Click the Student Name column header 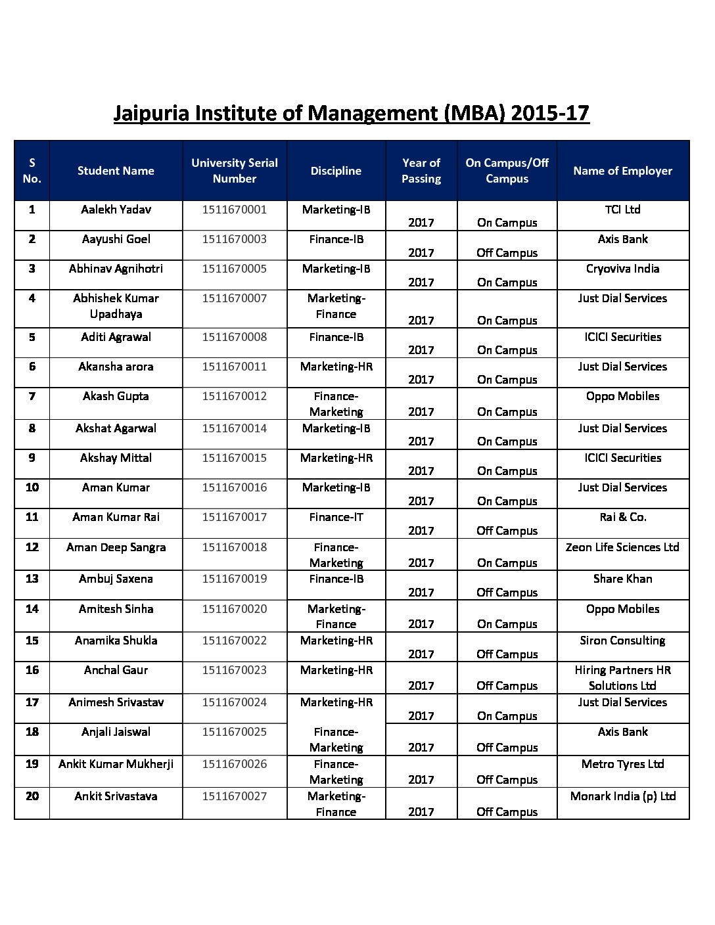(x=116, y=171)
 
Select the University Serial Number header (x=235, y=171)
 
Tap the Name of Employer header (x=622, y=171)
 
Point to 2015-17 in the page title (x=549, y=113)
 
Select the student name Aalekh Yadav (x=116, y=210)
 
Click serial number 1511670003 (x=235, y=239)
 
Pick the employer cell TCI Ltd (x=622, y=210)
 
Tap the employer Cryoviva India (x=622, y=269)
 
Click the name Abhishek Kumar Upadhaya (x=116, y=306)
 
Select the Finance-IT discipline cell (x=336, y=517)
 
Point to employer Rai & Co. (x=622, y=517)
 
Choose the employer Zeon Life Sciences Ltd (x=622, y=547)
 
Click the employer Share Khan (x=622, y=579)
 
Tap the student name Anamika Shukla (x=116, y=641)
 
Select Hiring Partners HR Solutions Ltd (x=622, y=678)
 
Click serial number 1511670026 (x=235, y=764)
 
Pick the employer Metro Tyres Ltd (x=622, y=764)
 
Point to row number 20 (x=32, y=796)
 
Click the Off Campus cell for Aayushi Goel (x=507, y=253)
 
